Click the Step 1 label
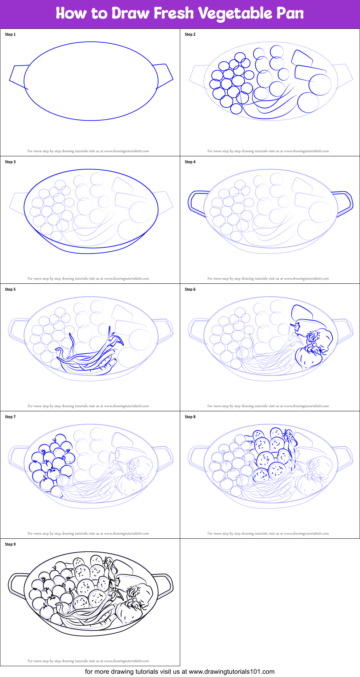pyautogui.click(x=10, y=35)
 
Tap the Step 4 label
pyautogui.click(x=190, y=162)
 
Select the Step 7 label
pyautogui.click(x=10, y=417)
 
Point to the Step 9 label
pyautogui.click(x=10, y=544)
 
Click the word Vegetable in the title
pyautogui.click(x=235, y=14)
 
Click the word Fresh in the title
pyautogui.click(x=174, y=14)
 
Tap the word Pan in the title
pyautogui.click(x=290, y=14)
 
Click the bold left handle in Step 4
pyautogui.click(x=196, y=203)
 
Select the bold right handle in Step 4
pyautogui.click(x=344, y=203)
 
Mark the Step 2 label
pyautogui.click(x=190, y=35)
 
